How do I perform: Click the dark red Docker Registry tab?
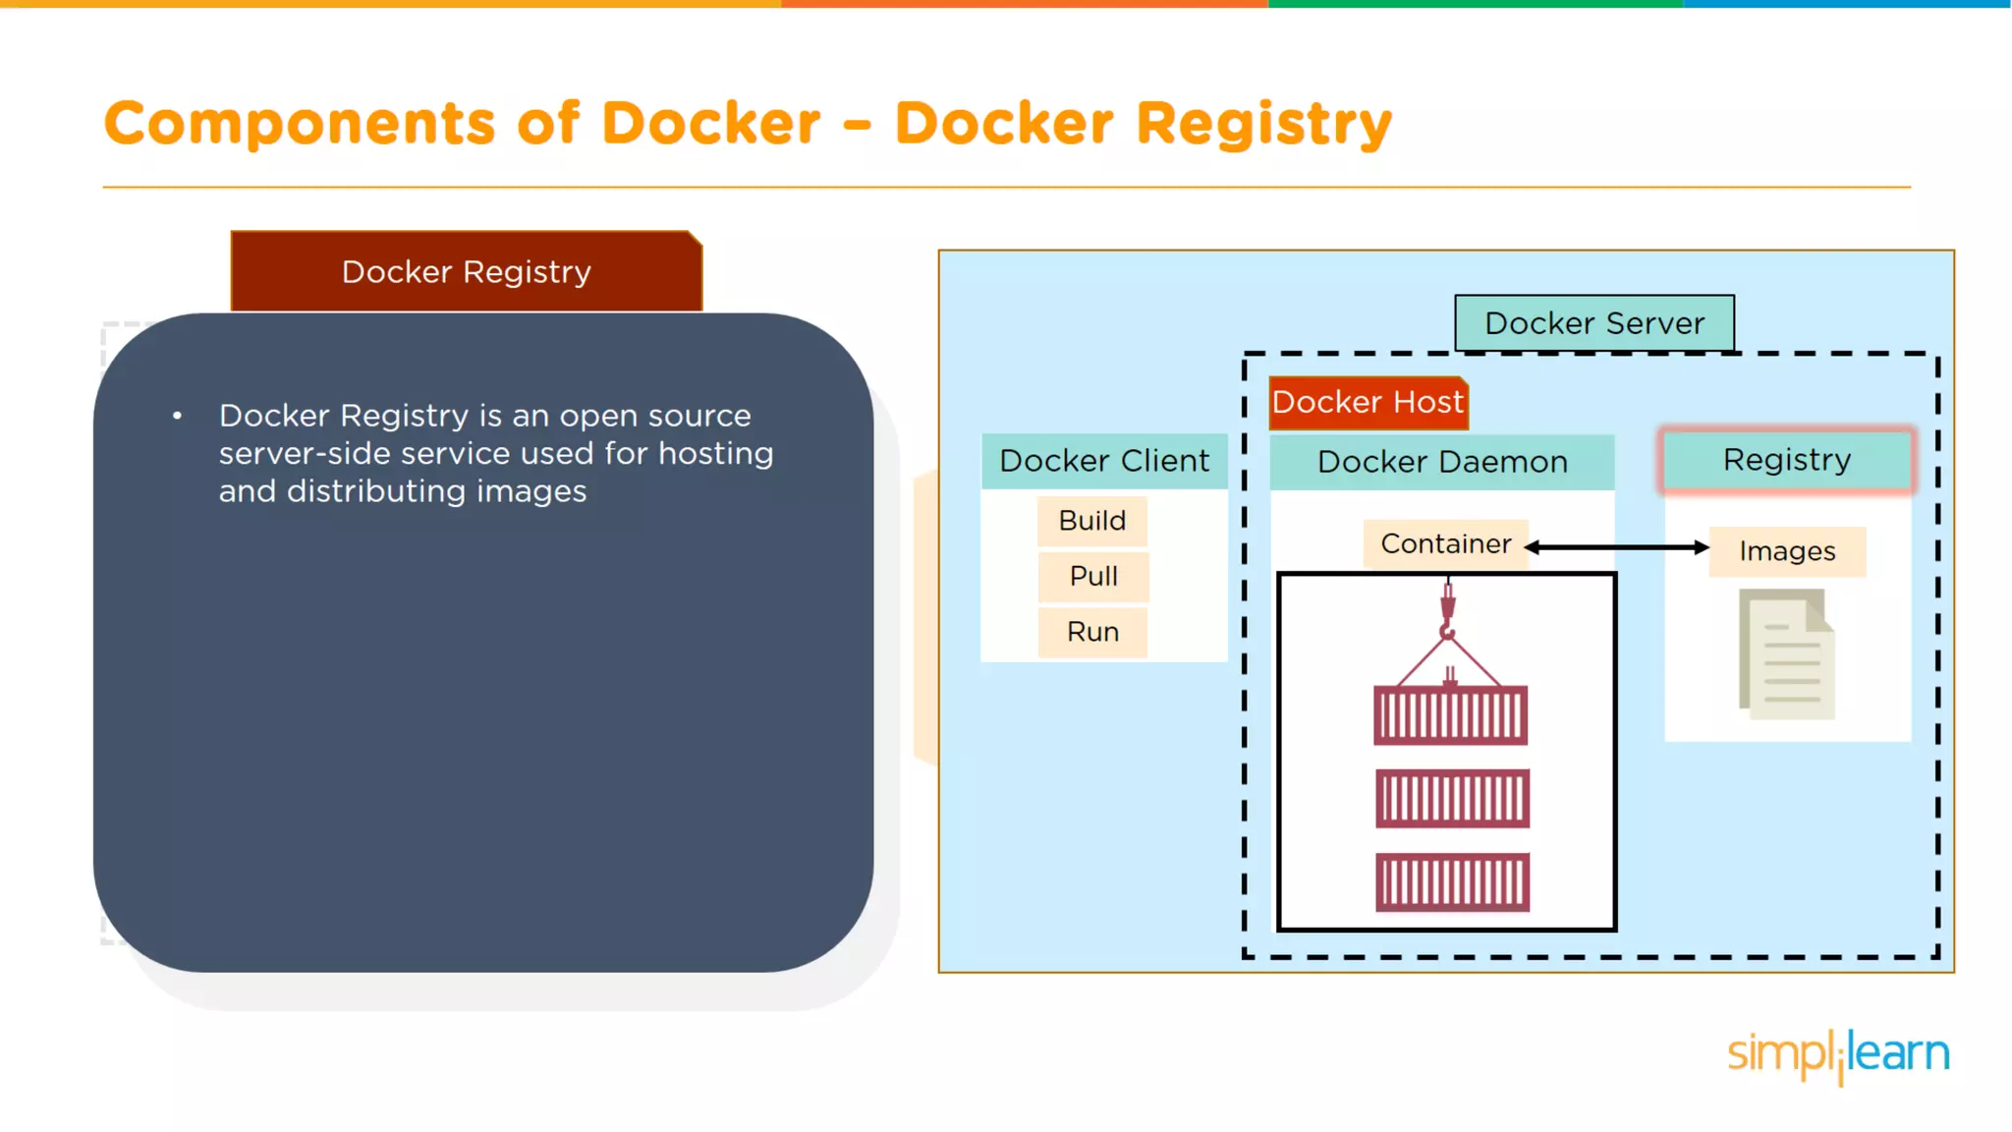(466, 272)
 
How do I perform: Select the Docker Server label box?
(1593, 323)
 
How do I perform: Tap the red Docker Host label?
(1368, 403)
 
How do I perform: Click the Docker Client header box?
(1104, 461)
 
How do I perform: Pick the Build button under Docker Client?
(1091, 521)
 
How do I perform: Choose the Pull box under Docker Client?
(1092, 576)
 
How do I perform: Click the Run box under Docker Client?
(1092, 632)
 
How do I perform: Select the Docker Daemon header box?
(1441, 462)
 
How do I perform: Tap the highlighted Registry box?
(1786, 460)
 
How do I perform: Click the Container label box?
(1445, 544)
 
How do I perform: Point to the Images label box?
(1786, 551)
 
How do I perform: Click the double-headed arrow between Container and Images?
(1616, 547)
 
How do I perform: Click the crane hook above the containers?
(1447, 613)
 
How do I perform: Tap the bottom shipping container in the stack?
(1451, 882)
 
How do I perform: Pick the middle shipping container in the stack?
(1451, 798)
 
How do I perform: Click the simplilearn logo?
(1838, 1055)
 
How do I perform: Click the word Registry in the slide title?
(1263, 125)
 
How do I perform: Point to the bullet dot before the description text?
(177, 417)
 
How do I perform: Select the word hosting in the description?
(715, 454)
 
